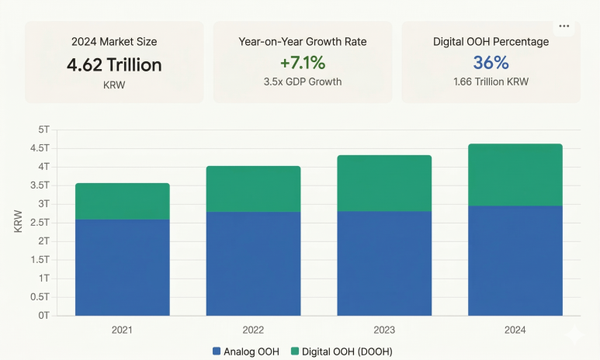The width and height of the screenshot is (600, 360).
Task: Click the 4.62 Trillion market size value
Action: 114,64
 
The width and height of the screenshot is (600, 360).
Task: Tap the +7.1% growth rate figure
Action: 303,63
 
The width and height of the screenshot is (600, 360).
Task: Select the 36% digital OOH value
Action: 491,63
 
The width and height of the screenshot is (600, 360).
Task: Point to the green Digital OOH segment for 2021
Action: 122,202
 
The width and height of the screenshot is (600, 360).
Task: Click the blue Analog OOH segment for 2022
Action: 253,264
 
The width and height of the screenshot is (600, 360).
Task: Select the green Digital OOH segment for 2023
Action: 384,183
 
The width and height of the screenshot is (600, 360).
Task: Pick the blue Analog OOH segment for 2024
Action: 515,261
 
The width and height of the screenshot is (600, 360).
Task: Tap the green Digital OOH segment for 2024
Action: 515,175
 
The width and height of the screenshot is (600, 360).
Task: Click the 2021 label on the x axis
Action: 122,330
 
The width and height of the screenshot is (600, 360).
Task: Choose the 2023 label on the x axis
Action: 384,330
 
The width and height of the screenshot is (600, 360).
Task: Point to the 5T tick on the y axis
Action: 41,129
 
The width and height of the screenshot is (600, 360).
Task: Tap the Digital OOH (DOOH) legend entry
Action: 341,351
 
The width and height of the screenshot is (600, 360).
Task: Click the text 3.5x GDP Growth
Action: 303,81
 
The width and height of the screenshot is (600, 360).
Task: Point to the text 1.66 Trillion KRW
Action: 491,81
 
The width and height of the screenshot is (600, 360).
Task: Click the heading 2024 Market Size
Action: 114,42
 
